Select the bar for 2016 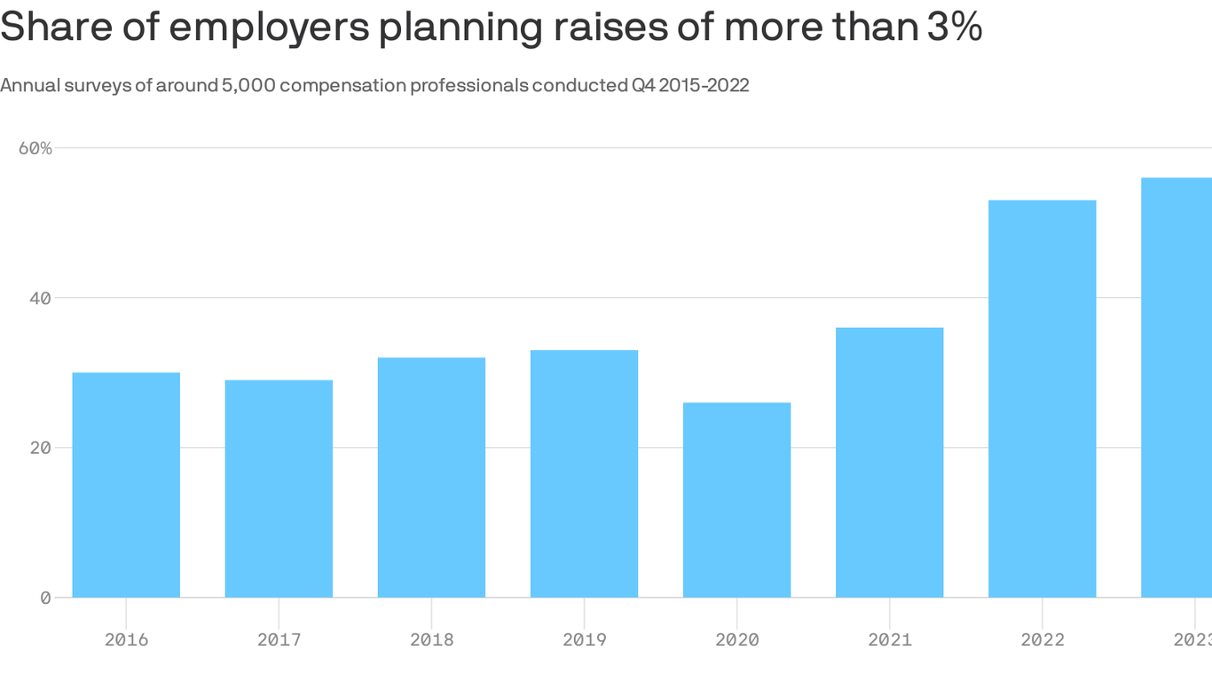(126, 485)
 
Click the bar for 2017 (279, 489)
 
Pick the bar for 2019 (584, 474)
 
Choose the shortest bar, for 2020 (736, 500)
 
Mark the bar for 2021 (889, 462)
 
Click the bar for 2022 (1042, 399)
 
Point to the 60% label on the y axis (35, 148)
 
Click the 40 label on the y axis (40, 298)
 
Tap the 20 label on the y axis (40, 448)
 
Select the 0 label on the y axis (45, 598)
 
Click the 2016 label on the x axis (126, 639)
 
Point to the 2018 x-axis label (431, 639)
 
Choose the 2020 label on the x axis (736, 639)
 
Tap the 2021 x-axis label (889, 639)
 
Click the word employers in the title (270, 28)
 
